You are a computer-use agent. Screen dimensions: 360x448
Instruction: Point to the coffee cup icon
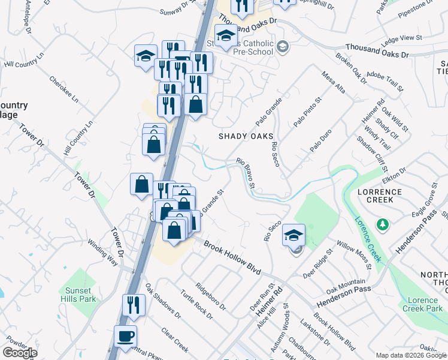pos(125,336)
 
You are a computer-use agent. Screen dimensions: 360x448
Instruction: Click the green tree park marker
pos(382,224)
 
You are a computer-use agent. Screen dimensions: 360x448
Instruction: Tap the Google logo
pos(20,353)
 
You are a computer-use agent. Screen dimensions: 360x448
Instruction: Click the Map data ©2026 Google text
pos(411,355)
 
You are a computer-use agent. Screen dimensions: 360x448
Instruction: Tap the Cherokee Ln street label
pos(63,90)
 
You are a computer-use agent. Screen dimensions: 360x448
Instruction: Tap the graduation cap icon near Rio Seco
pos(293,235)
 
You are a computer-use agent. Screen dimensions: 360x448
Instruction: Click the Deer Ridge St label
pos(317,262)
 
